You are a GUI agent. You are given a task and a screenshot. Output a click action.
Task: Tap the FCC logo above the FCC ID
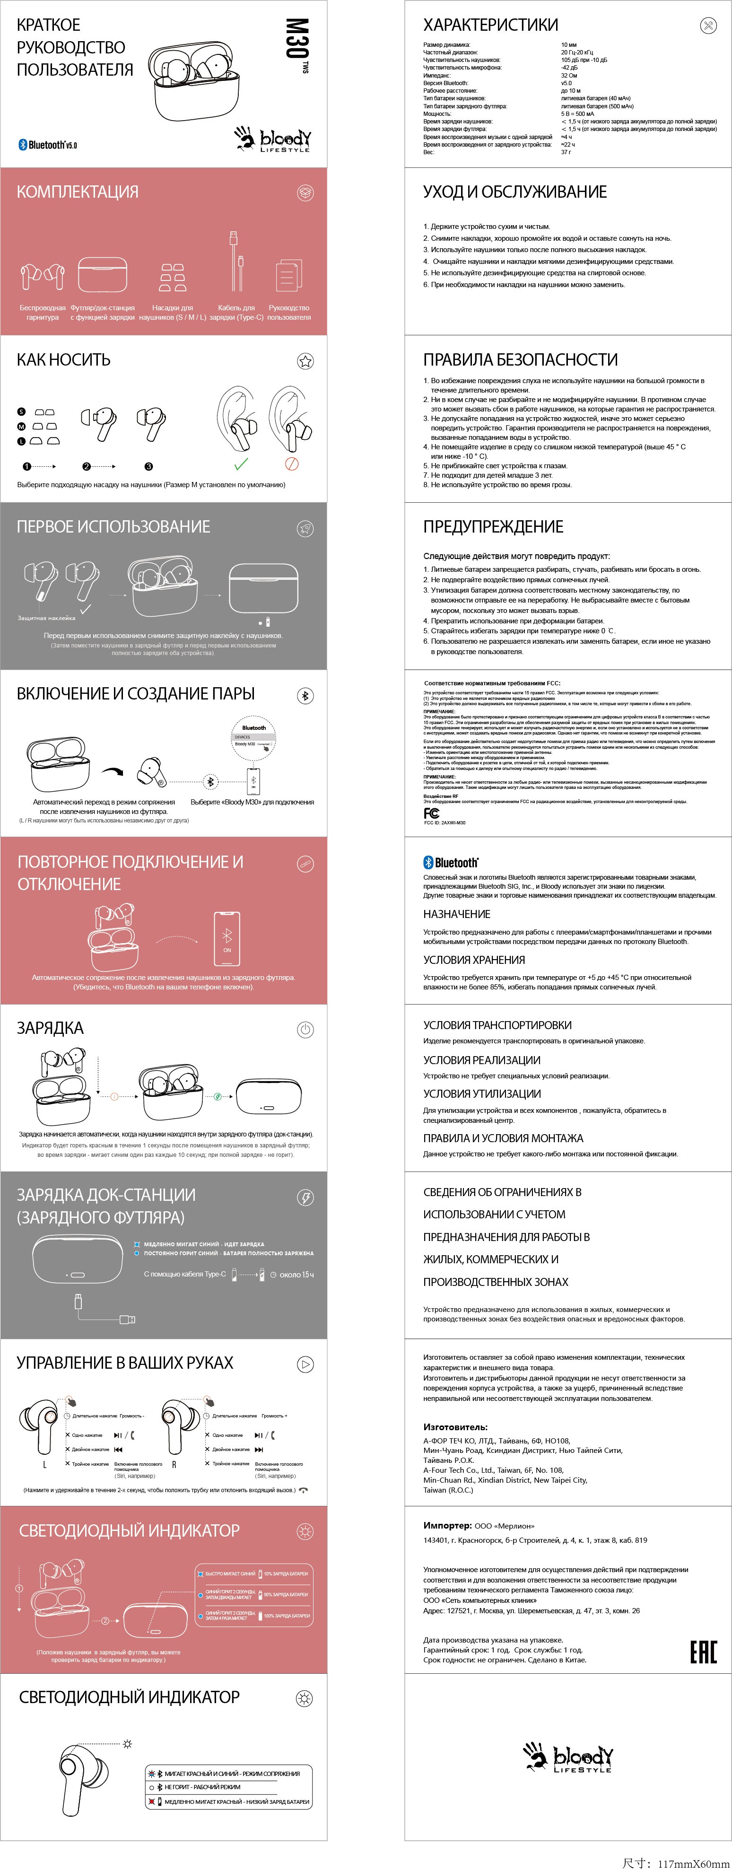point(431,813)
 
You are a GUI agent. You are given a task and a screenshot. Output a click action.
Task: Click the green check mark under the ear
point(241,463)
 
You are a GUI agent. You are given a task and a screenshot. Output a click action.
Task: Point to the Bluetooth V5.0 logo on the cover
point(48,145)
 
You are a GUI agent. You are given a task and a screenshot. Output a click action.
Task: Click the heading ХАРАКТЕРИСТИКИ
point(491,25)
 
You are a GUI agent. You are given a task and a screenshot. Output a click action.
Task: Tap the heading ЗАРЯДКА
point(50,1028)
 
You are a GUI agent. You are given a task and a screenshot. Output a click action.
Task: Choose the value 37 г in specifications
point(566,152)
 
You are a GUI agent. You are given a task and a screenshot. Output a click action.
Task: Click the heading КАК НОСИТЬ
point(64,359)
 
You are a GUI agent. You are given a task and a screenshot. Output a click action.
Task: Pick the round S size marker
point(22,412)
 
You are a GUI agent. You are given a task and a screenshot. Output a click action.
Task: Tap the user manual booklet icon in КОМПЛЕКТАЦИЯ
point(288,276)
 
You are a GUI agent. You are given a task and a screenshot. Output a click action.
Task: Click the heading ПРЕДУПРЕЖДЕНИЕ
point(493,526)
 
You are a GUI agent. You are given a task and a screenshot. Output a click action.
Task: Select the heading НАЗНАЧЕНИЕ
point(457,914)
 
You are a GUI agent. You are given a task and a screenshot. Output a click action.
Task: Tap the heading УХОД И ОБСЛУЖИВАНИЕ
point(515,192)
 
